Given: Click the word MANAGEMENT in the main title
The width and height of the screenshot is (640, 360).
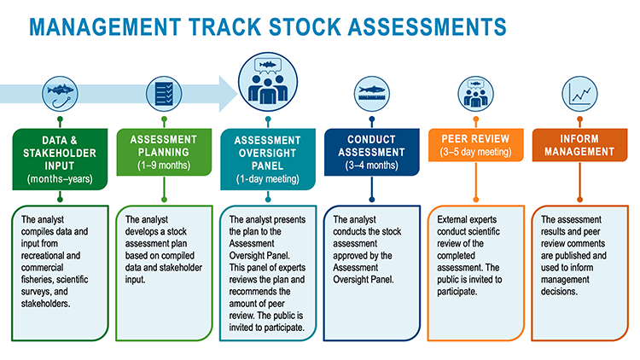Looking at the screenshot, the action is (105, 27).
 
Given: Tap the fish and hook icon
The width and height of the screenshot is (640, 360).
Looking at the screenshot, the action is (60, 95).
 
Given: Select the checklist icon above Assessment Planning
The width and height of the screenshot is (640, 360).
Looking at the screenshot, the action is (164, 95).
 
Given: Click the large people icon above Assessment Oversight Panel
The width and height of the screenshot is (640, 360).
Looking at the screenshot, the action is (268, 82).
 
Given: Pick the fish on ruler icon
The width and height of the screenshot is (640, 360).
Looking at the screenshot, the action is (372, 95).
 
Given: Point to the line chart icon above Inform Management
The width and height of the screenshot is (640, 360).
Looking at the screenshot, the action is (579, 95).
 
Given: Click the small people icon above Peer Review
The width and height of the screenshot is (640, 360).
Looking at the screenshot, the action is (475, 95).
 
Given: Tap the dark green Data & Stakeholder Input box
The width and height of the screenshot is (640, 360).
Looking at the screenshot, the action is (60, 160).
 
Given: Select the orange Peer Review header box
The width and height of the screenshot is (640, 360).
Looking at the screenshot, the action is (476, 145).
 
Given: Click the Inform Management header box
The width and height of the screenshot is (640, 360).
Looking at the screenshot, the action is (579, 145).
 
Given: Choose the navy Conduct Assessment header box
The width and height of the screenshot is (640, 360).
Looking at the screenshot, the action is (372, 152).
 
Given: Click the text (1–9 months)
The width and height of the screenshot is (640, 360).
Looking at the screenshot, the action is (164, 165).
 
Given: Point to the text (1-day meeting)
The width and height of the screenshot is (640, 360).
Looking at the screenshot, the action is (268, 179).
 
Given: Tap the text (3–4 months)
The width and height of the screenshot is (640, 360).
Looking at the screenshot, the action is (371, 165).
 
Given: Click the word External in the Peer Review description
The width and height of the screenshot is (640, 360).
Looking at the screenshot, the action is (451, 219).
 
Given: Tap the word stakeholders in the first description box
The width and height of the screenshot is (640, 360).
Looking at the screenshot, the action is (45, 304).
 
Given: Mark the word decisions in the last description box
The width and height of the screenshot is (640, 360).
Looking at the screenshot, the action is (559, 292).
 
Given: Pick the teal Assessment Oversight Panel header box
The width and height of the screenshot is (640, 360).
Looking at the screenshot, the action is (268, 160).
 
